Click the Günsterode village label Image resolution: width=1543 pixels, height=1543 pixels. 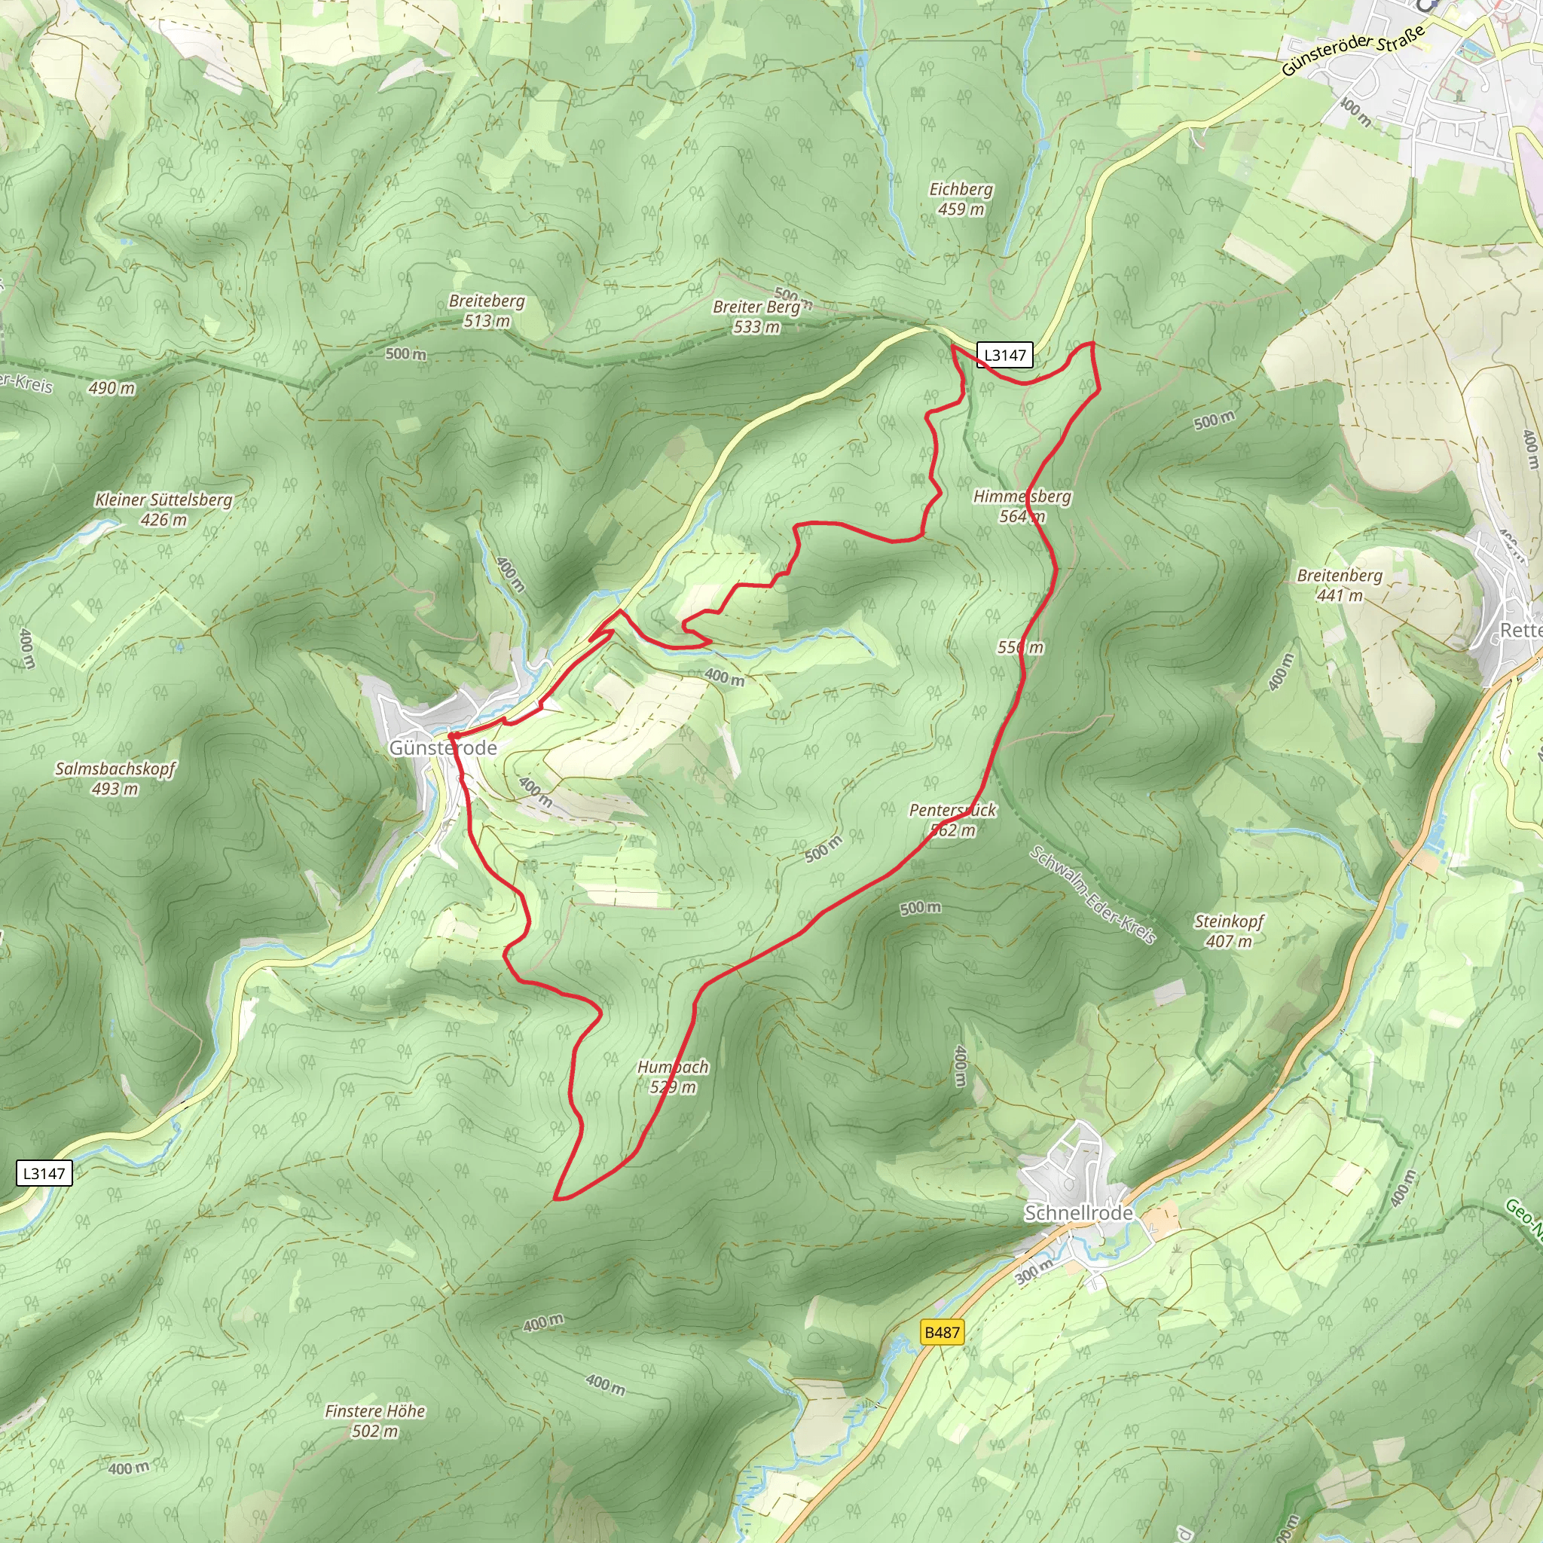[442, 747]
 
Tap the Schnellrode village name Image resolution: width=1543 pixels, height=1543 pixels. [1078, 1212]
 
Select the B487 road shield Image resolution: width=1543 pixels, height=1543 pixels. [942, 1332]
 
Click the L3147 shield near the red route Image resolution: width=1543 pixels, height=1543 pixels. [1005, 355]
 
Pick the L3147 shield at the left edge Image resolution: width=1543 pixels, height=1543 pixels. [44, 1173]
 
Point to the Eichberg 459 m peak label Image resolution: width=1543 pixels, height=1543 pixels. [961, 199]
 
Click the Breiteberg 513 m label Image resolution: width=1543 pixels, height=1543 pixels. [487, 310]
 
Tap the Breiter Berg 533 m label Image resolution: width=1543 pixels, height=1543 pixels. [756, 316]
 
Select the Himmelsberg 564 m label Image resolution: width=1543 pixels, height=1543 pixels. [1022, 506]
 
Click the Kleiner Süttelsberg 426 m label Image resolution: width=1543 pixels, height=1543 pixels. [163, 509]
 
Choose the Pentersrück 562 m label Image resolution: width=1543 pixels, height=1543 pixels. [953, 820]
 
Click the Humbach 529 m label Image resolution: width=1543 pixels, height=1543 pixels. [673, 1077]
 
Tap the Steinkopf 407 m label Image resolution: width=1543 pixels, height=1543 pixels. [1229, 931]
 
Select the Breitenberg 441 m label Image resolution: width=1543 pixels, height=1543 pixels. [1340, 585]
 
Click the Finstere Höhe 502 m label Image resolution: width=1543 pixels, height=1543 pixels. [374, 1421]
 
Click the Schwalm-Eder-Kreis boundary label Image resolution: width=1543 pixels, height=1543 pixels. [1092, 894]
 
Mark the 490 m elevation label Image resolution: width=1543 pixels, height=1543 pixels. [112, 388]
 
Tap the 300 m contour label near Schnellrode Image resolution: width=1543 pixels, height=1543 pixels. [1035, 1272]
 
